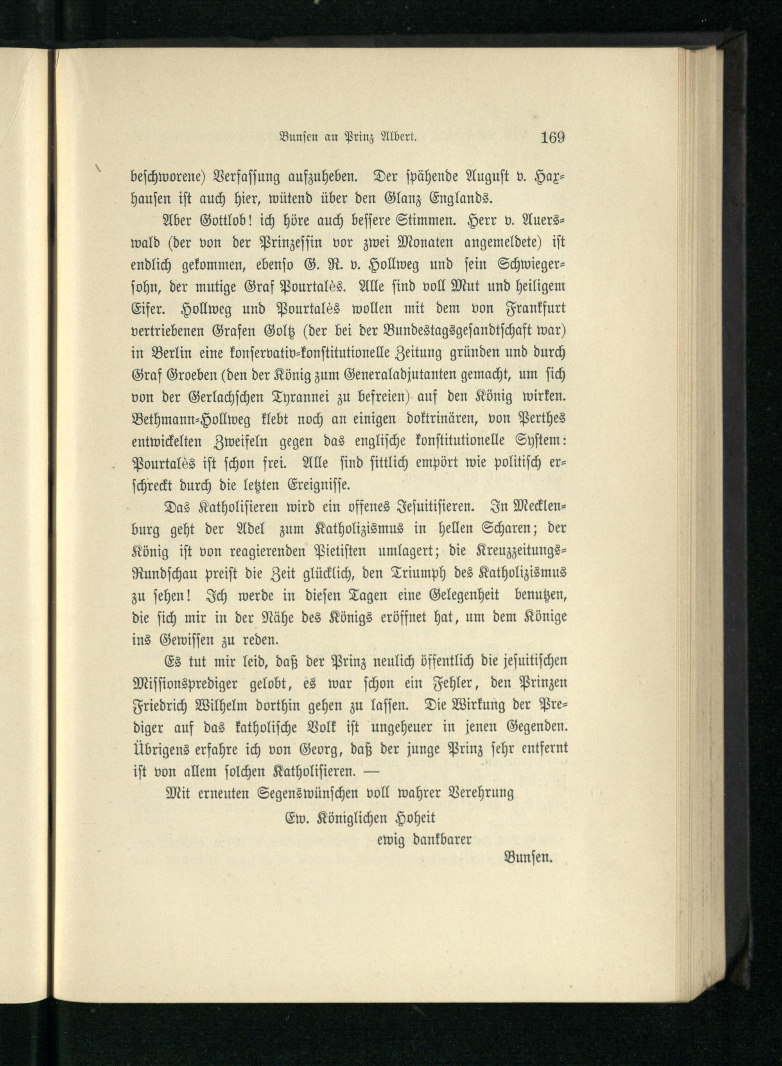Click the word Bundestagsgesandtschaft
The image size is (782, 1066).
[x=426, y=330]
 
